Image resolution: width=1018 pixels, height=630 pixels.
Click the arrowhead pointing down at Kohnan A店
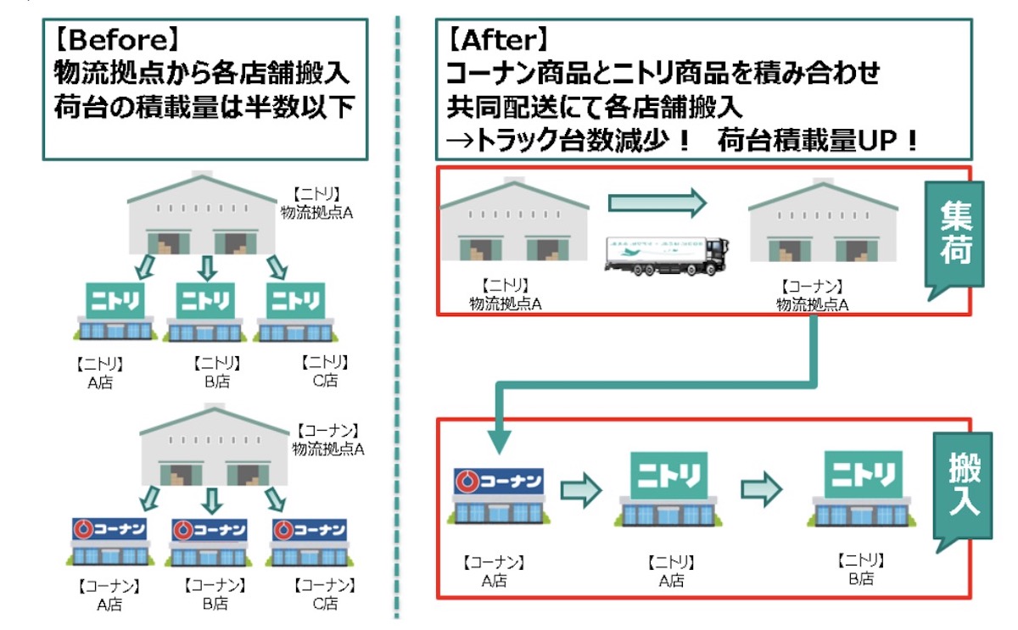500,438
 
